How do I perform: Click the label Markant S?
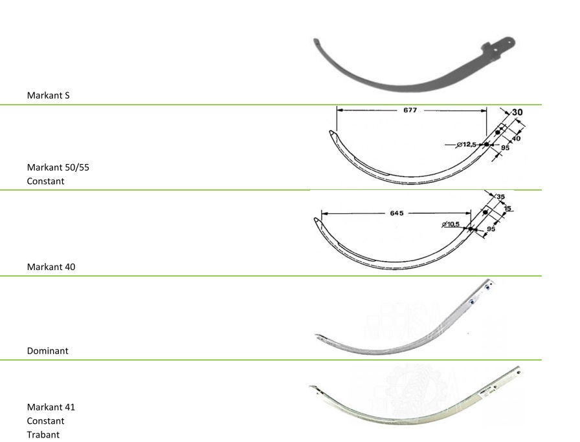48,95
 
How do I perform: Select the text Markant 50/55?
58,167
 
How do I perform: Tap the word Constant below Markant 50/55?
45,182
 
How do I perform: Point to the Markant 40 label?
51,267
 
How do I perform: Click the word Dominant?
48,351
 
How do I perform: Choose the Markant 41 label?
51,407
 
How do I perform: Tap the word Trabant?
43,435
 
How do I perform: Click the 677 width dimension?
410,110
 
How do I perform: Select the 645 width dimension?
397,213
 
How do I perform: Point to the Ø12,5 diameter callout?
466,144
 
